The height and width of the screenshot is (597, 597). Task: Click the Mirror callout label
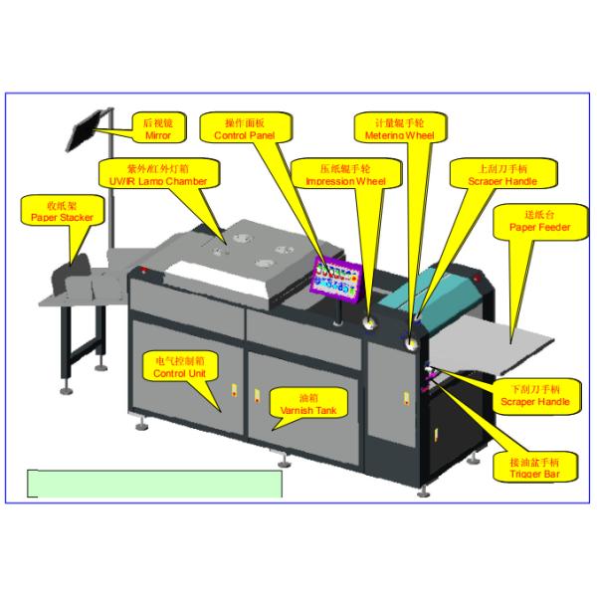point(158,127)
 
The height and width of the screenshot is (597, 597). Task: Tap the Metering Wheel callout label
point(398,127)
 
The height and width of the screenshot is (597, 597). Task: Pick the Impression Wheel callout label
point(344,175)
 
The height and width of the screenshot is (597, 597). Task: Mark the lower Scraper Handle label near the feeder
point(534,395)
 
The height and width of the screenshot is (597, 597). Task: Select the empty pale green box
point(154,483)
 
